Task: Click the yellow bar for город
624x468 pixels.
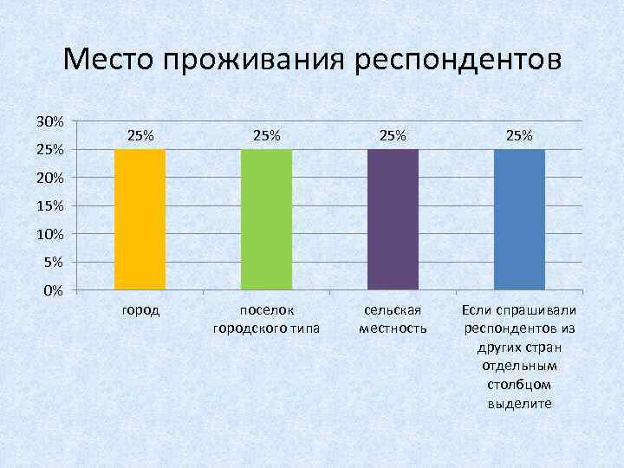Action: point(140,219)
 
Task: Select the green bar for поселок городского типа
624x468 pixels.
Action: point(266,219)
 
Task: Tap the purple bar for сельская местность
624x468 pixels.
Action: point(393,219)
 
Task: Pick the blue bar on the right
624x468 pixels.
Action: point(519,219)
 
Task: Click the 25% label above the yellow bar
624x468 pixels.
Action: point(140,135)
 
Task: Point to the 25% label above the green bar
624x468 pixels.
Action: point(267,135)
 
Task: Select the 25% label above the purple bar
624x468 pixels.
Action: point(393,135)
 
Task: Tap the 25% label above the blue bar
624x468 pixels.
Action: point(519,135)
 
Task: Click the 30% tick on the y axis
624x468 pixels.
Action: point(49,121)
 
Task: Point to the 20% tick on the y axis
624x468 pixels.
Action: point(49,178)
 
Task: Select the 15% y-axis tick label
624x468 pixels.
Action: point(49,206)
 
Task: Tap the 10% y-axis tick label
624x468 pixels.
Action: point(49,234)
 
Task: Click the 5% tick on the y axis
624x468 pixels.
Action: point(52,262)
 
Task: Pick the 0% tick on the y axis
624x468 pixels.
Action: point(52,290)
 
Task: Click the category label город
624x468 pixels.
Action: point(140,310)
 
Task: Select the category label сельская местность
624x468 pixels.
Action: point(393,319)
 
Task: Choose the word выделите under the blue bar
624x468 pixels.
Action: point(519,404)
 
